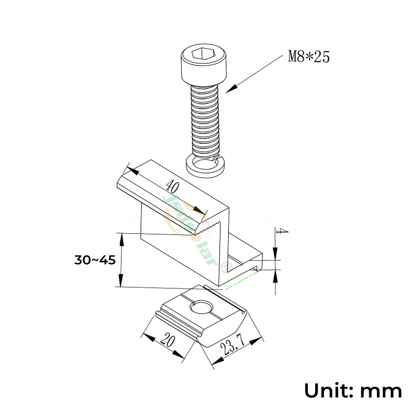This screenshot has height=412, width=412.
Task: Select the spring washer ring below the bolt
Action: click(x=205, y=165)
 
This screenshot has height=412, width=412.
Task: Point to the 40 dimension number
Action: click(x=173, y=187)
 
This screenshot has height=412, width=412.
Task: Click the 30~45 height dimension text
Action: click(x=95, y=260)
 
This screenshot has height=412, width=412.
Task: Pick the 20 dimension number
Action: click(x=166, y=340)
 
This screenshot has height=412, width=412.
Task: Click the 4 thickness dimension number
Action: click(x=281, y=231)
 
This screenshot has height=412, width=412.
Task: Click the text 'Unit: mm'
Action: click(x=353, y=390)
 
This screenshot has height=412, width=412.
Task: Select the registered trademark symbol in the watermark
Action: click(x=225, y=267)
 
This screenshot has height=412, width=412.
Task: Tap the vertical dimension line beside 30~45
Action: click(x=121, y=260)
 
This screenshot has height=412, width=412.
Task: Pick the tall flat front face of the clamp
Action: click(x=180, y=252)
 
